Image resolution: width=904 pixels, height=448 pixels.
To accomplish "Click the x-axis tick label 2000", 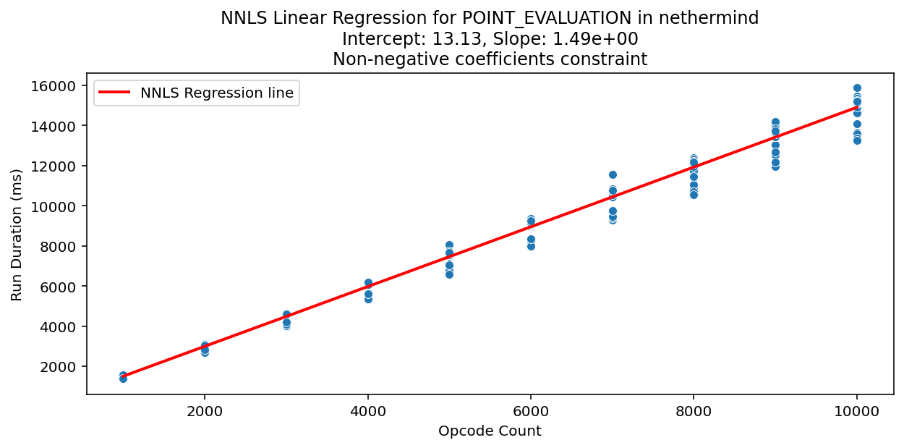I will (205, 410).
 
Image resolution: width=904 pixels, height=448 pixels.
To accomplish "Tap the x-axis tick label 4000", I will (367, 410).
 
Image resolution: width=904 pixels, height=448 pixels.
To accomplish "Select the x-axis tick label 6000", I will (531, 410).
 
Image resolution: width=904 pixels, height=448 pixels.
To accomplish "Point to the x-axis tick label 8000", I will (694, 410).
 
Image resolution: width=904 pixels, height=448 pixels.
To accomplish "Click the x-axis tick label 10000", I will (857, 410).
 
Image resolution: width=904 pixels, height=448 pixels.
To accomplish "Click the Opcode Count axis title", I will (490, 431).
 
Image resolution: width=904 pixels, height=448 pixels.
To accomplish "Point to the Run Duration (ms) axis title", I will (17, 234).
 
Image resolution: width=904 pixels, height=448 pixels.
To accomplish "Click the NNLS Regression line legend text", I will (216, 93).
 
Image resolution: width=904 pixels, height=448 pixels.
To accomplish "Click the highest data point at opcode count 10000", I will (857, 88).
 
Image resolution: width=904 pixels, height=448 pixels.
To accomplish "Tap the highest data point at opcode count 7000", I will (613, 174).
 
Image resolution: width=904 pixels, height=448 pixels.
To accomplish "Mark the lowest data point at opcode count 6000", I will (531, 246).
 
